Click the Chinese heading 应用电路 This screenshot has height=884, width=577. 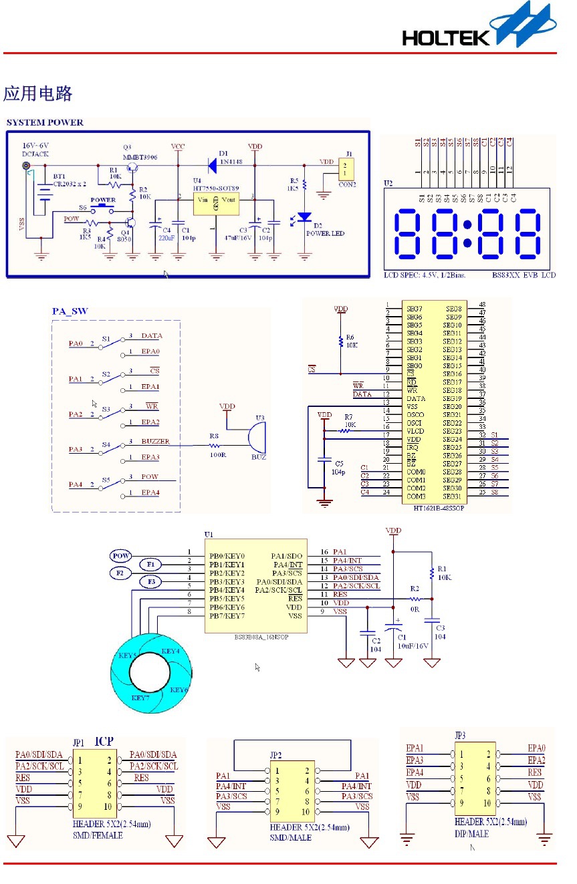point(37,94)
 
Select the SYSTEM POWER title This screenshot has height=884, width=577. point(45,122)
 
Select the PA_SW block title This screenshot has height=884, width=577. point(70,311)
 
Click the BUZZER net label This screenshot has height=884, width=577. point(155,442)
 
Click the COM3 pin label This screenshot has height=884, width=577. point(416,496)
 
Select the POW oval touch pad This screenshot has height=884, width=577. point(121,556)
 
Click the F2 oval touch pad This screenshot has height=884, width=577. point(120,573)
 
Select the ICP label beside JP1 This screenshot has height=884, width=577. point(104,741)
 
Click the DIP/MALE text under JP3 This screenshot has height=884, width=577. point(471,834)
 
